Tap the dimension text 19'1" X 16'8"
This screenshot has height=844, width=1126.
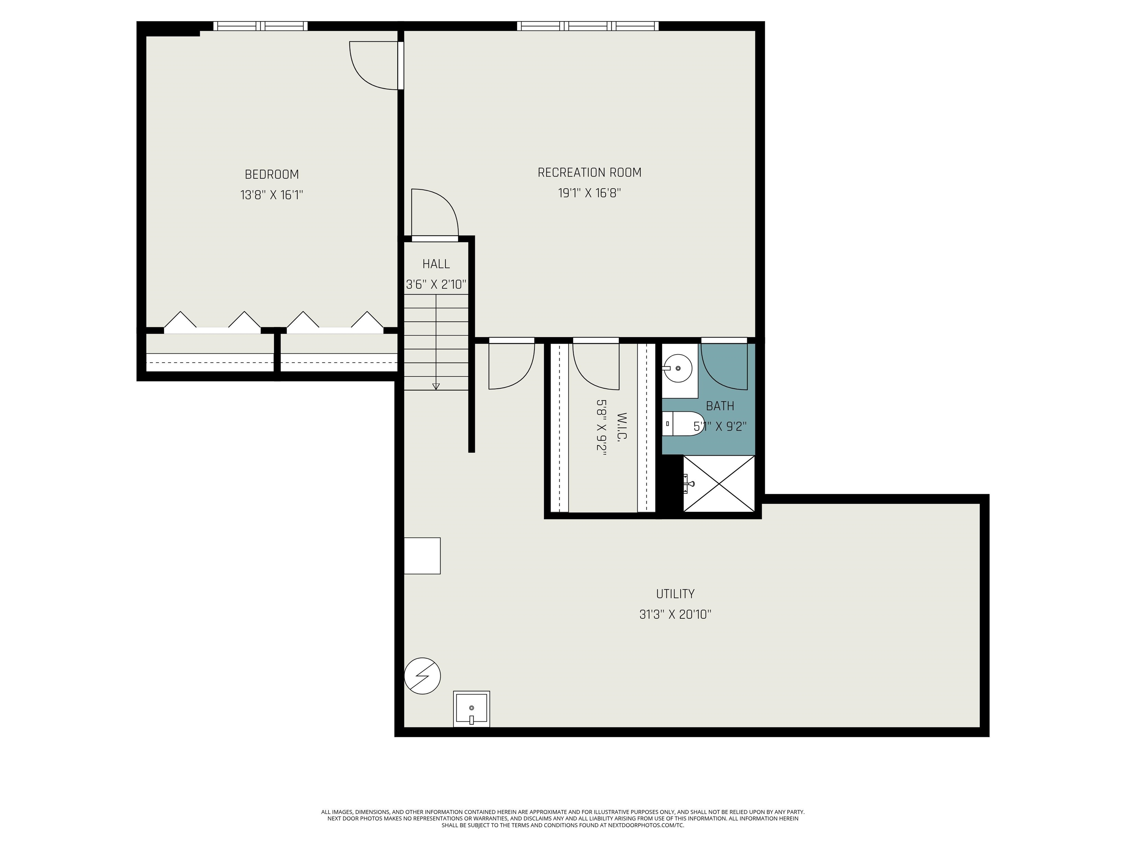(x=589, y=193)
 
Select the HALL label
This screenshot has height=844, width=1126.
(x=436, y=264)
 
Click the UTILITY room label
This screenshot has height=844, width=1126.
(x=675, y=594)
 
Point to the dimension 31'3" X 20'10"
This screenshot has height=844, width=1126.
(x=675, y=615)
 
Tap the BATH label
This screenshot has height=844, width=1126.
(x=720, y=406)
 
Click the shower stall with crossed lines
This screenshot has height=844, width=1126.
(x=719, y=483)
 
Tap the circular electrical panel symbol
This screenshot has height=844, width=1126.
(x=422, y=676)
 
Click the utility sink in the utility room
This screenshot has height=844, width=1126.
(x=471, y=709)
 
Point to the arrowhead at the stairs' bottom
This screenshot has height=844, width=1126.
(x=436, y=386)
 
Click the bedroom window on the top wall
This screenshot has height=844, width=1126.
(x=260, y=26)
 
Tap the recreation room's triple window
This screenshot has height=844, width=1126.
(x=588, y=26)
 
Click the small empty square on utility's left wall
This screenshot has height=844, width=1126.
(x=422, y=556)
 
